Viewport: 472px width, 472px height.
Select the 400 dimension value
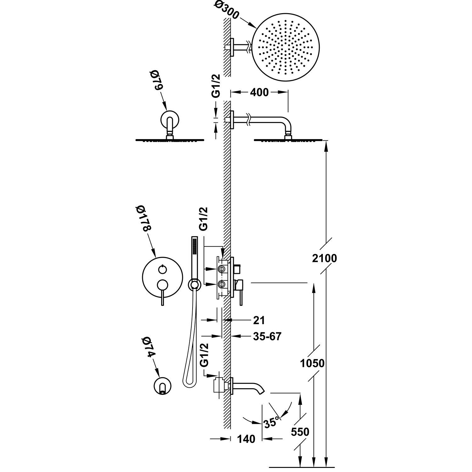259,92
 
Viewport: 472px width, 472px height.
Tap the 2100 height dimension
325,258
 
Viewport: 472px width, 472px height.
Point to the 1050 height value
312,363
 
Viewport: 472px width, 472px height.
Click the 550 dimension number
300,432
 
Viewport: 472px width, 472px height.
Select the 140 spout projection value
246,439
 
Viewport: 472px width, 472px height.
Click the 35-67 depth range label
267,336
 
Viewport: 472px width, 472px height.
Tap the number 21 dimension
259,320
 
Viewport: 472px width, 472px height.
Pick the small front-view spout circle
162,386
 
